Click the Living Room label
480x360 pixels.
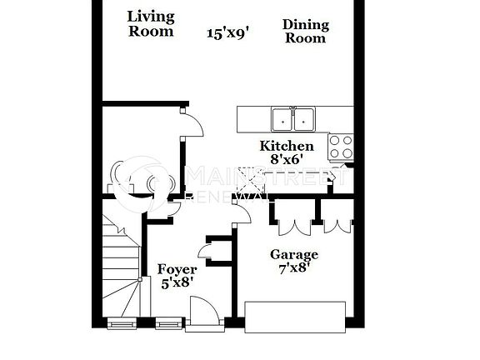(151, 23)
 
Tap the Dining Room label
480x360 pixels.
(305, 31)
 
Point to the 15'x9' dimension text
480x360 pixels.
(228, 32)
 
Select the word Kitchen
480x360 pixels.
(287, 146)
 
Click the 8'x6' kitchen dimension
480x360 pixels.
(286, 158)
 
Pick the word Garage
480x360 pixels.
(292, 254)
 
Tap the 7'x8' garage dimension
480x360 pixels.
(292, 267)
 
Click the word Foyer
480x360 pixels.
(177, 269)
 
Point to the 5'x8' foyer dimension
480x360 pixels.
(177, 282)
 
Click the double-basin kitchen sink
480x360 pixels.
(293, 120)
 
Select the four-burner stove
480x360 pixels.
(340, 147)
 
